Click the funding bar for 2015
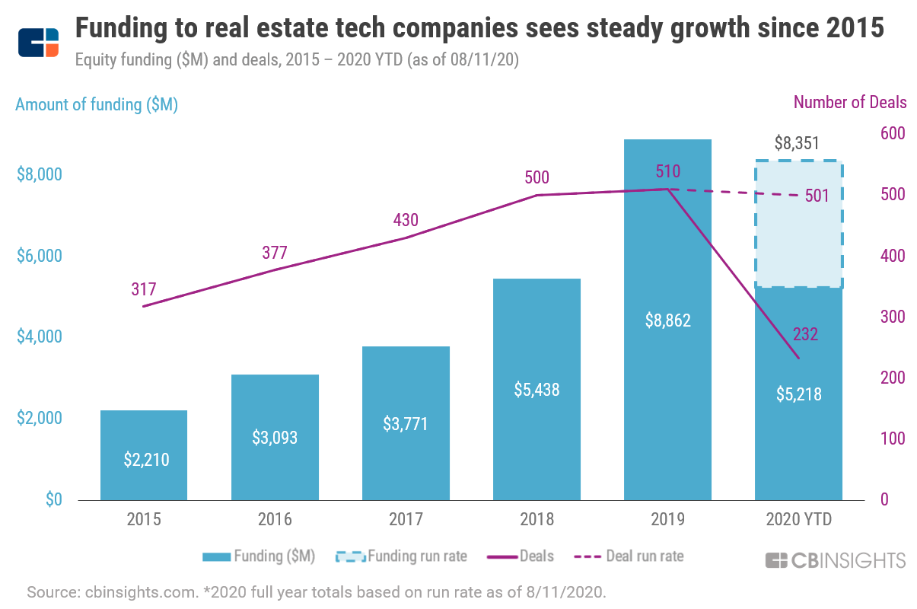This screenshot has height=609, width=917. tap(143, 454)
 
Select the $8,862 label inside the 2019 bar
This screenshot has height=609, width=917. tap(667, 320)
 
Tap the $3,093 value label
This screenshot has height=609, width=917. tap(275, 438)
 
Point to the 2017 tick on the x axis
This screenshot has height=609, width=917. tap(406, 520)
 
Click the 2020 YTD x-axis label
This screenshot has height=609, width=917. tap(798, 520)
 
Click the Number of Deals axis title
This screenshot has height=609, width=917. tap(850, 102)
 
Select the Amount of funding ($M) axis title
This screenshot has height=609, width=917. tap(97, 105)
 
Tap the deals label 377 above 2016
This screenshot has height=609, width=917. tap(275, 253)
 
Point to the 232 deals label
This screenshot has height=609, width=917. tap(805, 334)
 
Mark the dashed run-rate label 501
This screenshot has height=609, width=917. tap(817, 196)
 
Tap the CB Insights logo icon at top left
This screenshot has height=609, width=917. tap(38, 43)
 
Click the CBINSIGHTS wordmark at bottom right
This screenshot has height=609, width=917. tap(836, 561)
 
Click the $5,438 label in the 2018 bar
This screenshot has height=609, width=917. tap(537, 390)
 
